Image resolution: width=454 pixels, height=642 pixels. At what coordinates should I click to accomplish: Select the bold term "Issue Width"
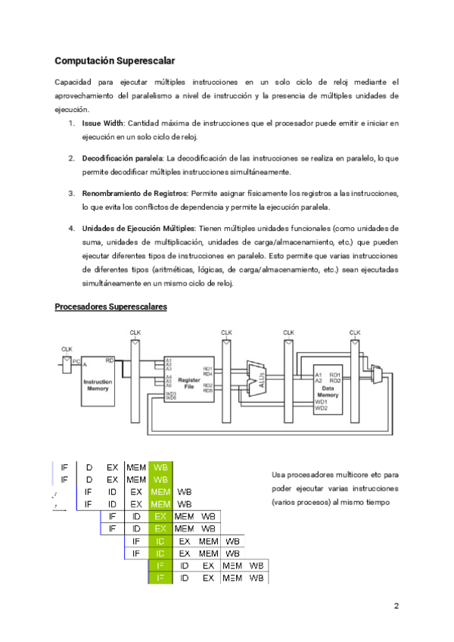[x=103, y=123]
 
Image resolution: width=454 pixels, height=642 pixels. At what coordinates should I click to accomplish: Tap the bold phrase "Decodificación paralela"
[x=123, y=158]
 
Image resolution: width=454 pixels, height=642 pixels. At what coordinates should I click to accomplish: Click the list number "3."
[x=72, y=194]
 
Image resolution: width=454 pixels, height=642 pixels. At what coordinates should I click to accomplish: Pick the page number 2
[x=396, y=606]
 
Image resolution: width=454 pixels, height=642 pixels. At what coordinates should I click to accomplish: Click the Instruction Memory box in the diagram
[x=97, y=385]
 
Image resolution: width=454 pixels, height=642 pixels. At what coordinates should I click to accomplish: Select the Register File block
[x=189, y=380]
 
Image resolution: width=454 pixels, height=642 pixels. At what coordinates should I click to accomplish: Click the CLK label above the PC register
[x=67, y=349]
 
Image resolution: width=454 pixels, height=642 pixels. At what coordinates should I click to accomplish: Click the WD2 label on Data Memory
[x=322, y=409]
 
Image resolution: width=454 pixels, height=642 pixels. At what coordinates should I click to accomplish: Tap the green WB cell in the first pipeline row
[x=161, y=467]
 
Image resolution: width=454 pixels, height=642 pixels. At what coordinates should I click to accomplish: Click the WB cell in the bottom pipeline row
[x=257, y=578]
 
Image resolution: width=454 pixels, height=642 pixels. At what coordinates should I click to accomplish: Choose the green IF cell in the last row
[x=160, y=578]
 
